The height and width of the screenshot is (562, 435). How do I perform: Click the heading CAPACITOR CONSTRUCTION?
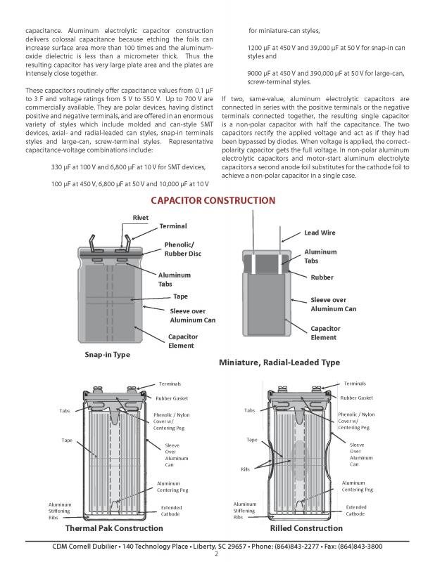(x=213, y=200)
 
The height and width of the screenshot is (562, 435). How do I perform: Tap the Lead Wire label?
(x=320, y=233)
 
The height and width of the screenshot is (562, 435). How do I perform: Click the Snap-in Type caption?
(x=107, y=355)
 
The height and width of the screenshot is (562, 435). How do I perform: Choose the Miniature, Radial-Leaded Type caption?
(x=279, y=362)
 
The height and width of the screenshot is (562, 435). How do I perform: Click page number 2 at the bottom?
(x=217, y=554)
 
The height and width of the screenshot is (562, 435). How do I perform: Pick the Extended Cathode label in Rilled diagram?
(x=356, y=511)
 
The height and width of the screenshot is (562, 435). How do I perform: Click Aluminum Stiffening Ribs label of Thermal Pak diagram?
(x=61, y=511)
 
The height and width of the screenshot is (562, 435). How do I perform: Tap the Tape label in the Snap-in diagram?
(x=180, y=296)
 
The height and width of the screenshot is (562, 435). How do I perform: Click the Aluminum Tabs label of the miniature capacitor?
(x=320, y=256)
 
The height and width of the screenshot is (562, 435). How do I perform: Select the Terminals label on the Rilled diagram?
(x=355, y=382)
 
